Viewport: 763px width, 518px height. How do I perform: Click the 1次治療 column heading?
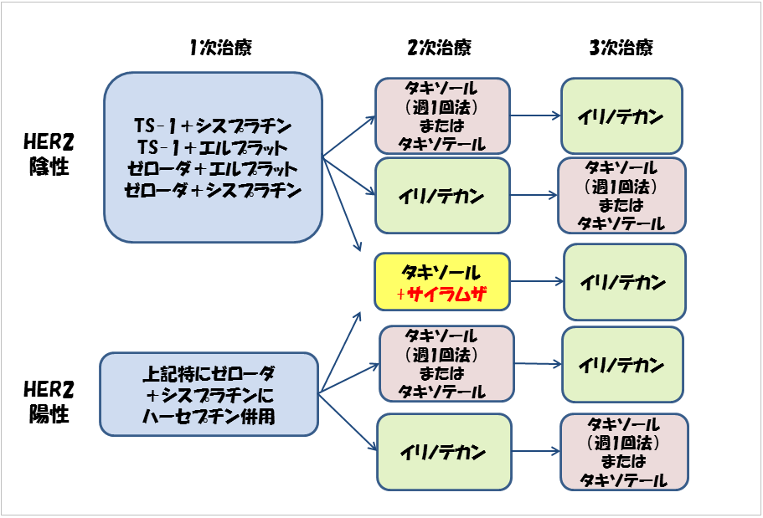coord(220,48)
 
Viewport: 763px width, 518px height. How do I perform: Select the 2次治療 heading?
coord(440,48)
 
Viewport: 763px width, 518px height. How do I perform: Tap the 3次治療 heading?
coord(621,48)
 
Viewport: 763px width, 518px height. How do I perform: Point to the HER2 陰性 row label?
coord(49,154)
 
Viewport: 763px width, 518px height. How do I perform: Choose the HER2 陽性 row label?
coord(49,403)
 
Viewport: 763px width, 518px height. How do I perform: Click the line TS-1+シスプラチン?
coord(213,126)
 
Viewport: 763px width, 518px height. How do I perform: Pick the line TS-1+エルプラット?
coord(213,147)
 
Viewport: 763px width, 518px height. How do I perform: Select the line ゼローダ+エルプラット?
coord(213,169)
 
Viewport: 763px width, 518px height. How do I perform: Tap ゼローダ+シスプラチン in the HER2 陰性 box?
coord(213,190)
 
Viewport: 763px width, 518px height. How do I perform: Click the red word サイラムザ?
coord(446,294)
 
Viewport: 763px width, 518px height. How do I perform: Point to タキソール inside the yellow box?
coord(441,272)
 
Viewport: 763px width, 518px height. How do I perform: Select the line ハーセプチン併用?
coord(209,417)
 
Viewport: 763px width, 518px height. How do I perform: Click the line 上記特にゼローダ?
coord(209,374)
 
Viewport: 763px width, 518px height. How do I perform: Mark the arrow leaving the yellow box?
coord(537,281)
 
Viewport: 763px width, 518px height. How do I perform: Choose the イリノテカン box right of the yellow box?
coord(625,282)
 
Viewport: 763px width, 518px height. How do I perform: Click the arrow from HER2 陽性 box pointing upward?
coord(340,352)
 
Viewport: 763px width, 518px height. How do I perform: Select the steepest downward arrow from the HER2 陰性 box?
coord(342,204)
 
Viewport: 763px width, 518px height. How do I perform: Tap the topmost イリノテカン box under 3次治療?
coord(622,116)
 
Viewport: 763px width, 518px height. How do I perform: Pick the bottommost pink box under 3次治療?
coord(624,453)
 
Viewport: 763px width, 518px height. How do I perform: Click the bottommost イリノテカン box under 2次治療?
coord(444,453)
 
